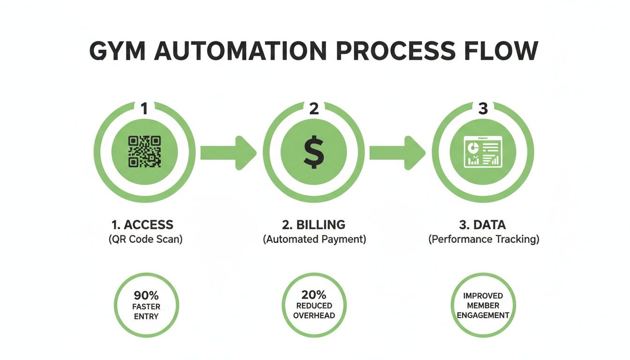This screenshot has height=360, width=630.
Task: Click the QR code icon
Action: pyautogui.click(x=144, y=151)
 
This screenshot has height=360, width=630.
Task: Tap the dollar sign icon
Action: pyautogui.click(x=314, y=152)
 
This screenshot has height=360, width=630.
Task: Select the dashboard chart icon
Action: pyautogui.click(x=483, y=152)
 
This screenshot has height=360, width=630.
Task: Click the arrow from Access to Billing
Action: pyautogui.click(x=228, y=152)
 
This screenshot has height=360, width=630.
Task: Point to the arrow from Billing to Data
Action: pyautogui.click(x=397, y=152)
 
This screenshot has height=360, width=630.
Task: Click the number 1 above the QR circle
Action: pyautogui.click(x=144, y=109)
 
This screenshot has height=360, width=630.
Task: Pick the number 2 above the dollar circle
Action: pyautogui.click(x=314, y=109)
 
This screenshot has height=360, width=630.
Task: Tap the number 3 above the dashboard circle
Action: pyautogui.click(x=483, y=109)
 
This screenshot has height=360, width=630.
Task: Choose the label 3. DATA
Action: pyautogui.click(x=483, y=225)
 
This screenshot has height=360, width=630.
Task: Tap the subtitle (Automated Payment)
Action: pyautogui.click(x=314, y=239)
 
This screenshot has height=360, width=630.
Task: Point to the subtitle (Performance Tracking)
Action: pyautogui.click(x=484, y=239)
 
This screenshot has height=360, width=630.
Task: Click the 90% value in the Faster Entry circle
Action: pyautogui.click(x=146, y=296)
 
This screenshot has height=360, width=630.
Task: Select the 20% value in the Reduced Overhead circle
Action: pyautogui.click(x=314, y=295)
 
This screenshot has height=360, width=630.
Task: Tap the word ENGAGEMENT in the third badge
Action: pyautogui.click(x=483, y=315)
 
